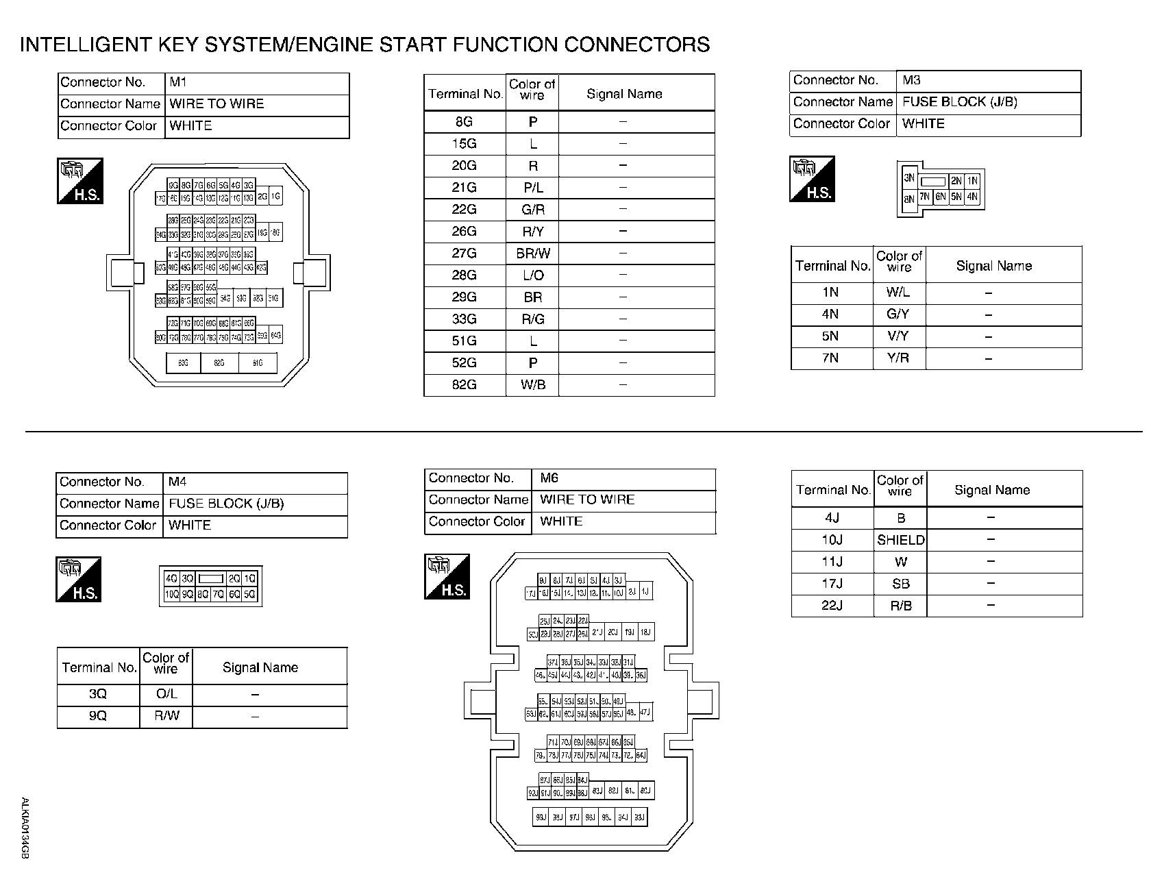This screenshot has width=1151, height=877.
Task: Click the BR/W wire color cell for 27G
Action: click(x=533, y=254)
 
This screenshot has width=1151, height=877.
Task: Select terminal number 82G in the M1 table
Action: click(x=464, y=385)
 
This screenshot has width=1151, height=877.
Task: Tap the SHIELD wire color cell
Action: click(x=901, y=540)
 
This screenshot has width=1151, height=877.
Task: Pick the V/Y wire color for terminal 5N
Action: click(x=898, y=336)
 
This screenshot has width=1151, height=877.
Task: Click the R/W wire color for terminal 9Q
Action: click(x=166, y=716)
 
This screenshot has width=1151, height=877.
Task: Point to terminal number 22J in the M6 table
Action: click(x=832, y=606)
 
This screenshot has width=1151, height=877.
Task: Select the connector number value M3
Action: click(x=911, y=80)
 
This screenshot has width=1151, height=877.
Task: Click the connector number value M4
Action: click(x=177, y=482)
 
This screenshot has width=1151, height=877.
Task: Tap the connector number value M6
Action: click(x=549, y=478)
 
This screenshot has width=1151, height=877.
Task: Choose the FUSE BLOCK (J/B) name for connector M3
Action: click(x=959, y=102)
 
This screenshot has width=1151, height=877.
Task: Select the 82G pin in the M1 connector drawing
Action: click(x=219, y=363)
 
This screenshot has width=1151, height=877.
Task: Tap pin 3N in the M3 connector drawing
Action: click(x=909, y=179)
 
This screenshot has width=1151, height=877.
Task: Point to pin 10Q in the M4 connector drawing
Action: click(x=171, y=594)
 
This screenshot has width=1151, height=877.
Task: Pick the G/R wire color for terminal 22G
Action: click(x=533, y=210)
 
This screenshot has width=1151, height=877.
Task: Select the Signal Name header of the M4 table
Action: click(x=260, y=667)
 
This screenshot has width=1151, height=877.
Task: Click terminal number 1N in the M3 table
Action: click(x=830, y=293)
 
